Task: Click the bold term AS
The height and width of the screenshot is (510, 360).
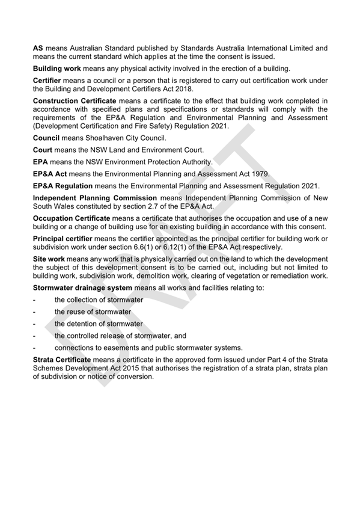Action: click(38, 48)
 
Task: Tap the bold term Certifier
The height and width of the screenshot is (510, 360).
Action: click(49, 79)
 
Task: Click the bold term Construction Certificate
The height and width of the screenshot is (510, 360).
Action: click(74, 100)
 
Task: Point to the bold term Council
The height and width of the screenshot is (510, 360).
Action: click(46, 138)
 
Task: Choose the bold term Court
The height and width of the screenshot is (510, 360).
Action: click(43, 150)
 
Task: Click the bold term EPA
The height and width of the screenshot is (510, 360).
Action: click(40, 162)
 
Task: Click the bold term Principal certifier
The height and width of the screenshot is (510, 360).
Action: click(65, 239)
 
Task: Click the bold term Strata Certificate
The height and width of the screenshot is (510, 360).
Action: click(62, 359)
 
